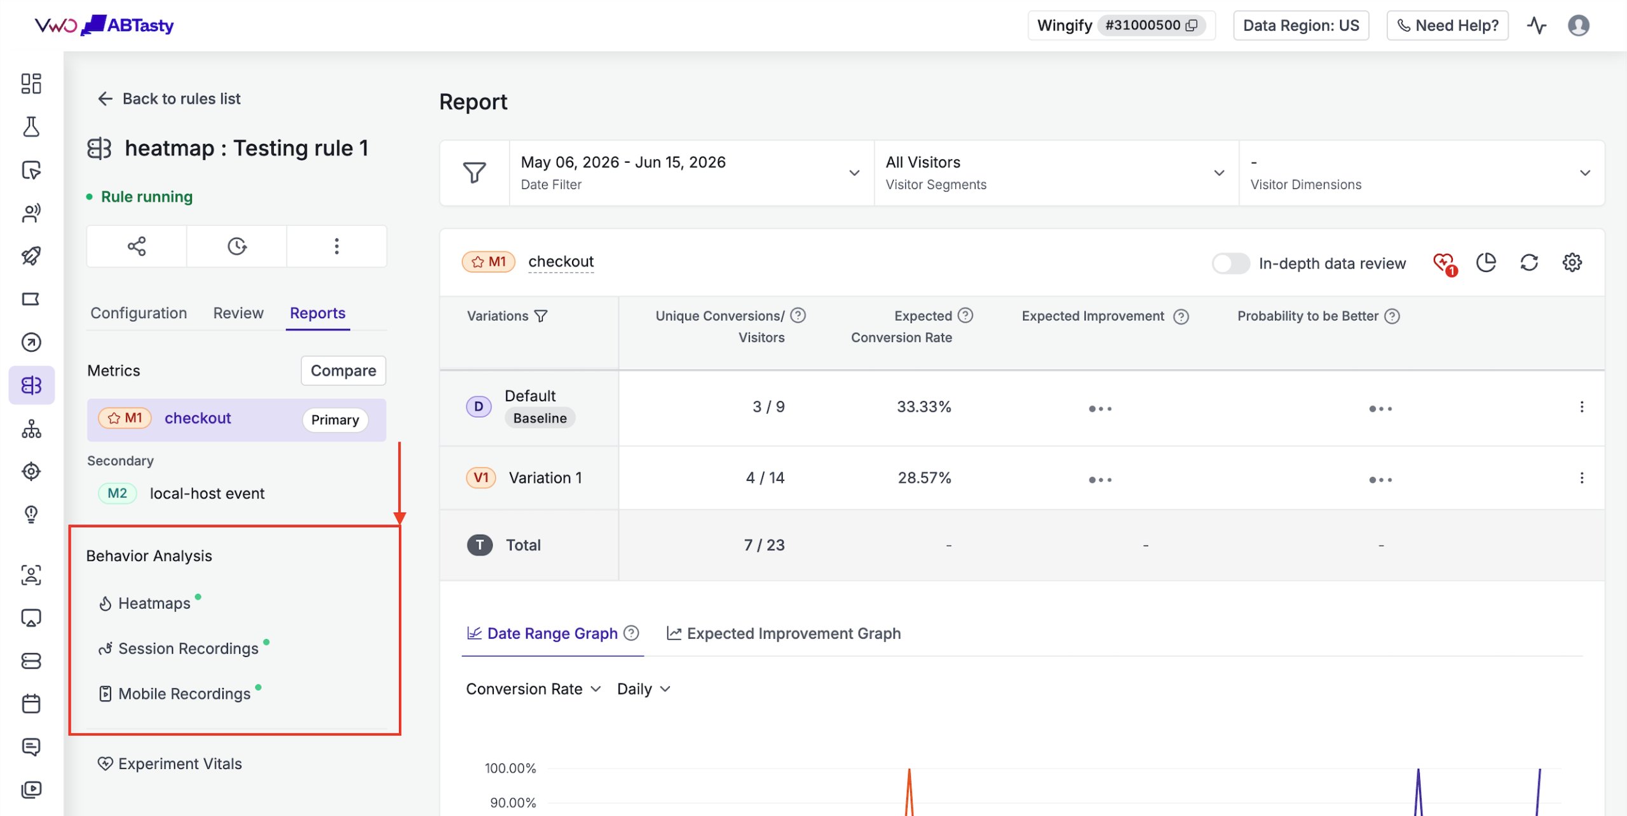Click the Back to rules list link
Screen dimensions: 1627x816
coord(169,99)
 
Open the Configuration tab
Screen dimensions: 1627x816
coord(139,313)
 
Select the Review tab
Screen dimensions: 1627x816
coord(238,313)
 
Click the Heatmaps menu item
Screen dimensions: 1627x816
coord(154,603)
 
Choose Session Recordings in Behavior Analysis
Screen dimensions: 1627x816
coord(188,648)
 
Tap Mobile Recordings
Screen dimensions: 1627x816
coord(184,693)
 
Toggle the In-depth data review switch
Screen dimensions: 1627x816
coord(1230,263)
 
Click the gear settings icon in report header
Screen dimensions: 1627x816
coord(1572,263)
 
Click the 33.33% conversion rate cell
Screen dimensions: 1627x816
coord(924,406)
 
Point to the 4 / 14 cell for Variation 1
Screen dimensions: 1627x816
coord(765,478)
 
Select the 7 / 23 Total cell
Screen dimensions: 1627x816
coord(765,545)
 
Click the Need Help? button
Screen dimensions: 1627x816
coord(1447,25)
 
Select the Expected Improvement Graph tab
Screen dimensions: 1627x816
coord(784,633)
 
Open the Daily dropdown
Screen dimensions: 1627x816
coord(644,689)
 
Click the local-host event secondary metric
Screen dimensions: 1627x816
coord(207,494)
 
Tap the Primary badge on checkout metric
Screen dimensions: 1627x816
coord(335,420)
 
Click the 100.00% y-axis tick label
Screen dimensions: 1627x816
coord(510,768)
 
